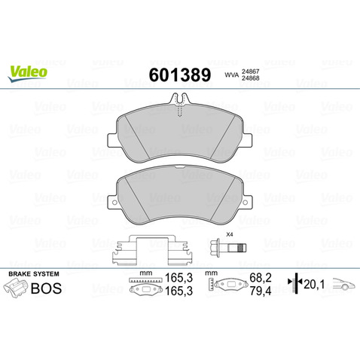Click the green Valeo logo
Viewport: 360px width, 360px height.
tap(28, 73)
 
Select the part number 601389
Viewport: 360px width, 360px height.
tap(180, 75)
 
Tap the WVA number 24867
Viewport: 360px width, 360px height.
tap(250, 72)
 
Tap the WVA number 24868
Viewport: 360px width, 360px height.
tap(250, 78)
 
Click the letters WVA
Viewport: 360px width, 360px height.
tap(231, 75)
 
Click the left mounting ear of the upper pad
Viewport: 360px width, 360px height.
tap(112, 141)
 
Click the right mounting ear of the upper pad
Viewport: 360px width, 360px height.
tap(248, 140)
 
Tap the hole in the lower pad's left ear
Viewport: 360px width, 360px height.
tap(114, 202)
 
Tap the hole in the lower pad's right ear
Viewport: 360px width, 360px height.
tap(246, 202)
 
